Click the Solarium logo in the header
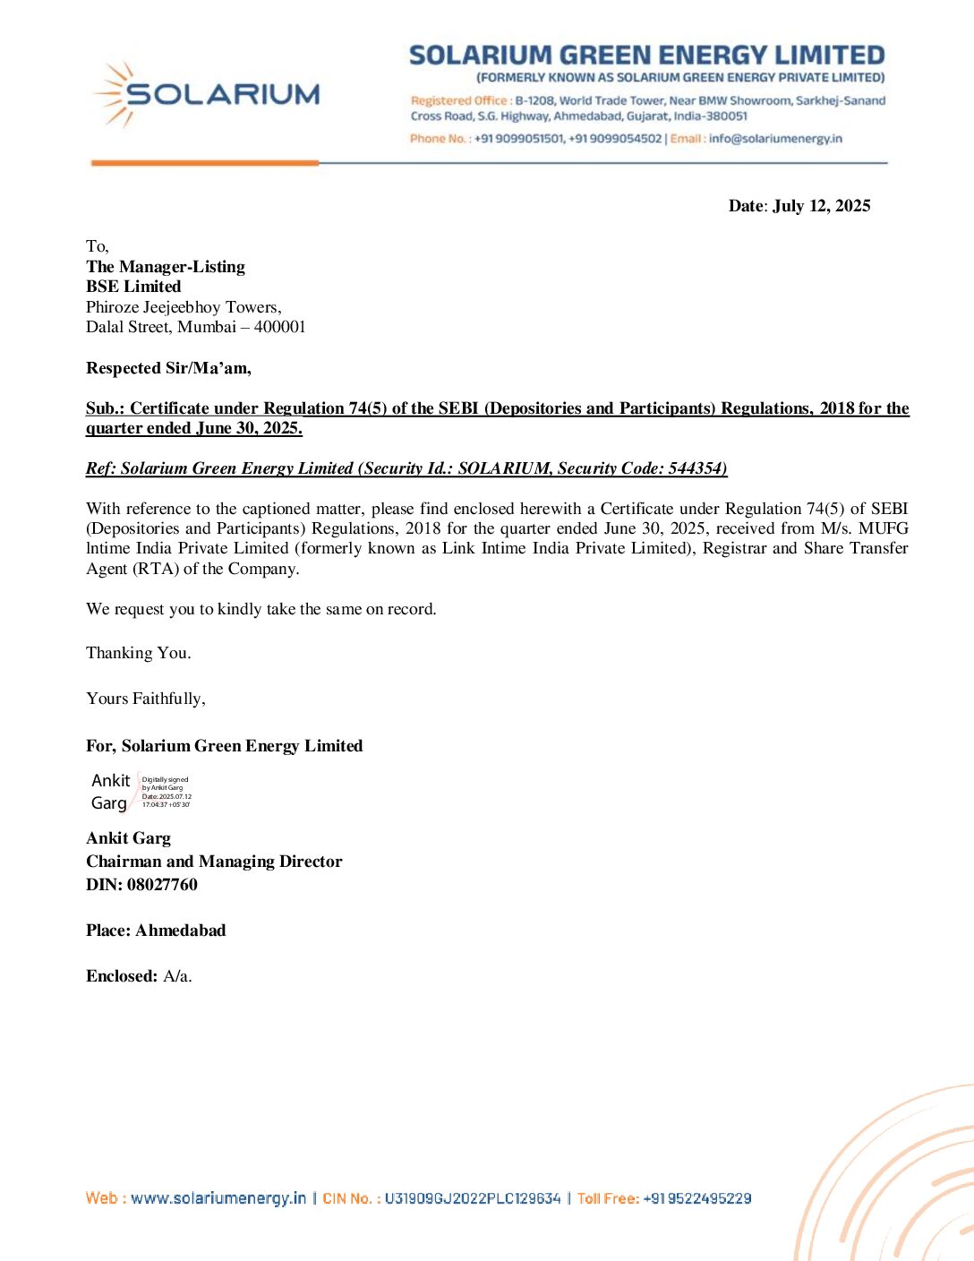[206, 94]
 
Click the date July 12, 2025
[821, 206]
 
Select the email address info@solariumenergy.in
[775, 139]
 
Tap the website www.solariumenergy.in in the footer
[218, 1198]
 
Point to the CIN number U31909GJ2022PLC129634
[473, 1198]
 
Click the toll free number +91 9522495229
[697, 1198]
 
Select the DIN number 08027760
[162, 885]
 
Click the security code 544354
[696, 468]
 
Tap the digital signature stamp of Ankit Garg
[141, 792]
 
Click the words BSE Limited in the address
[133, 287]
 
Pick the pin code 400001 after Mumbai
[279, 327]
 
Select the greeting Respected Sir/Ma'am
[168, 368]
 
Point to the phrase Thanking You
[139, 653]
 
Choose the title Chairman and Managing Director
[214, 862]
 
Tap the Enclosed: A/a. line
[139, 976]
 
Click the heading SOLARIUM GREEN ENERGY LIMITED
[646, 56]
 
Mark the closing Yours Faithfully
[146, 699]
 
